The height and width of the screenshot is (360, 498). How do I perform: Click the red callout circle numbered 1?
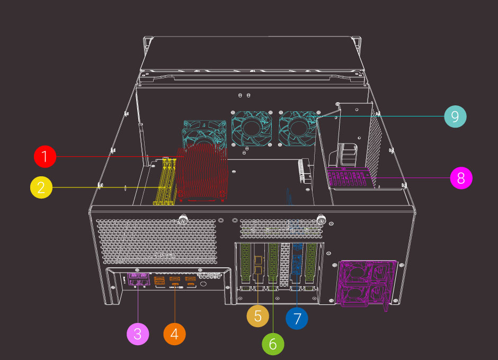click(x=45, y=157)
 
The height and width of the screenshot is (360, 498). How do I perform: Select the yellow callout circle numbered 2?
click(x=41, y=187)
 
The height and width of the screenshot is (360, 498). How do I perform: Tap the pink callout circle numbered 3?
click(x=138, y=334)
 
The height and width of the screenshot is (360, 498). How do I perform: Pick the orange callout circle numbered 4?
click(x=175, y=334)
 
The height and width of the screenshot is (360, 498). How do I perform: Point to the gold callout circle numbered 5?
click(x=258, y=316)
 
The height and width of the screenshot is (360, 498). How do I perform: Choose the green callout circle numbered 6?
click(x=273, y=344)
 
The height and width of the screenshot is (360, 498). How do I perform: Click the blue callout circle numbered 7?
click(x=297, y=318)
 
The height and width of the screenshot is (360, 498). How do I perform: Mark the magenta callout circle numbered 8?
click(x=461, y=178)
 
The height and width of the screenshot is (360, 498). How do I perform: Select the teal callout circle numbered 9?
click(x=456, y=116)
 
